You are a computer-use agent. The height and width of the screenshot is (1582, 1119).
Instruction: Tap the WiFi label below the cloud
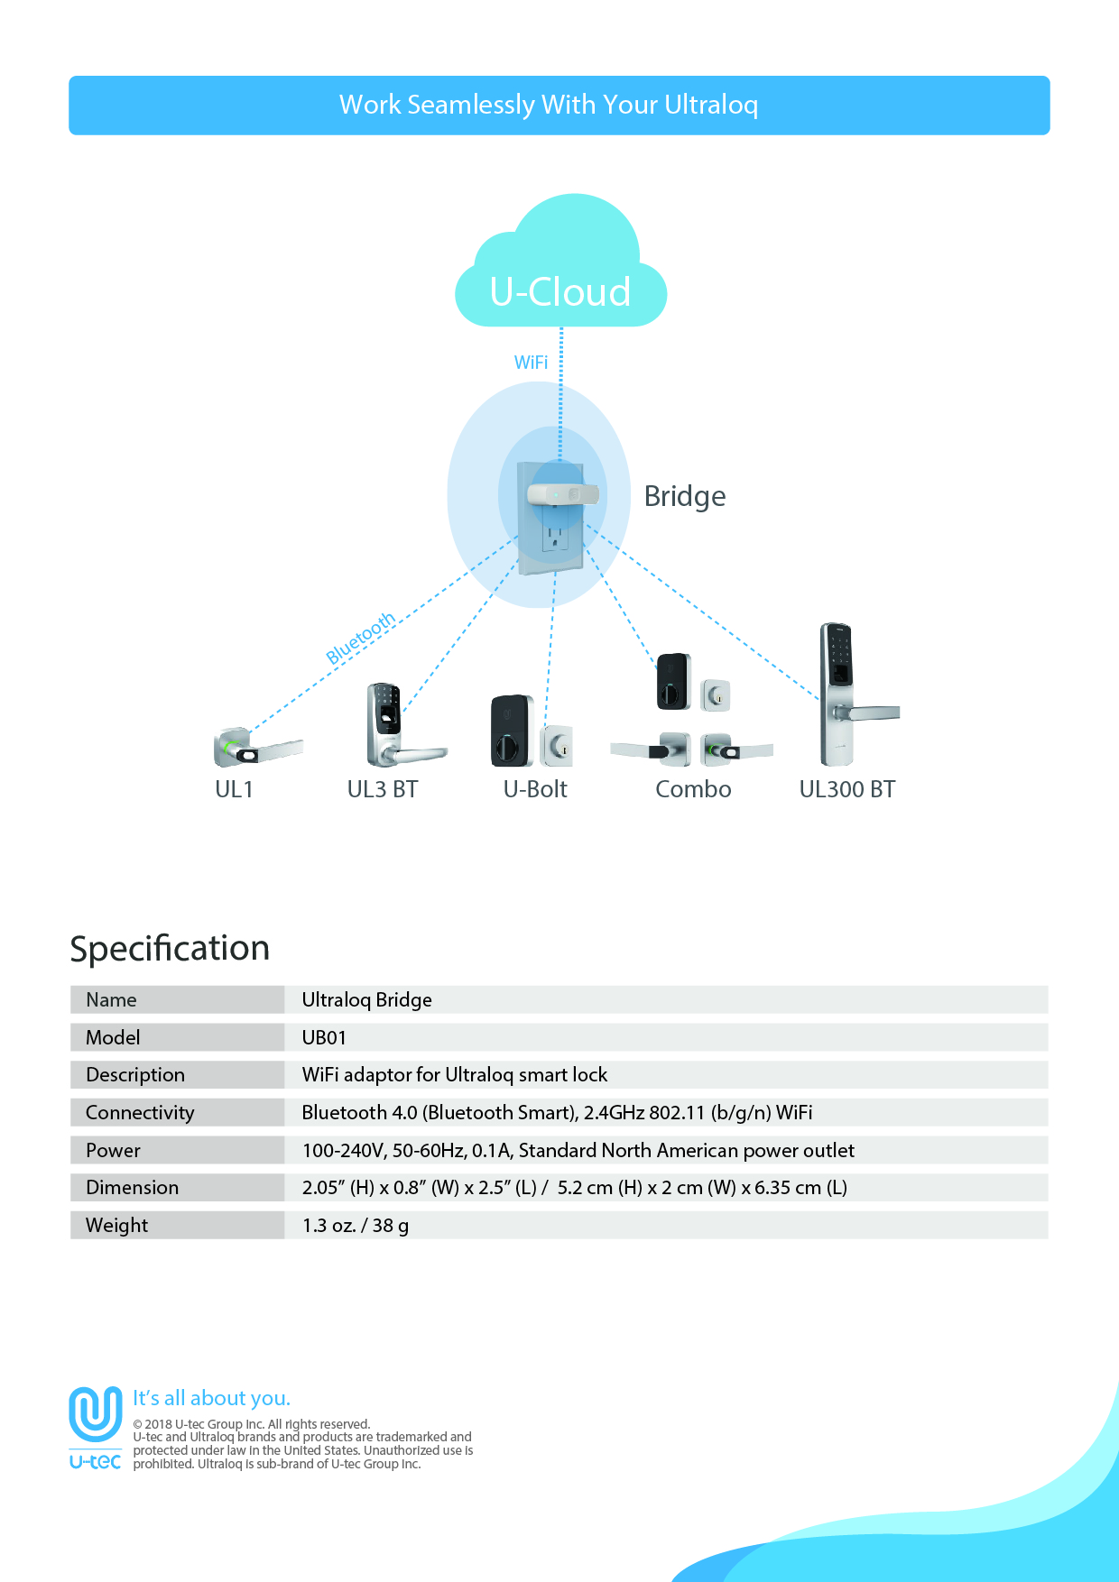(x=531, y=363)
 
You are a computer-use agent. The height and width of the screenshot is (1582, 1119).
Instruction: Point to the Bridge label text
(x=685, y=497)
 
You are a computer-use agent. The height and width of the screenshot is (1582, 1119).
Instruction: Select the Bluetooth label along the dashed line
(x=361, y=638)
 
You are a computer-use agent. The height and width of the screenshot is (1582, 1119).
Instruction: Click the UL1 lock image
(x=257, y=747)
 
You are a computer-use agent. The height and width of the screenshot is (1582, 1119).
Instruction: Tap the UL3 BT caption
(x=383, y=789)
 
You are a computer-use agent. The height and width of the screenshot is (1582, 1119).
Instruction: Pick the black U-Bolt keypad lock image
(x=512, y=731)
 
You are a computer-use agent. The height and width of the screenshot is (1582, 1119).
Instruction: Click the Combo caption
(x=693, y=789)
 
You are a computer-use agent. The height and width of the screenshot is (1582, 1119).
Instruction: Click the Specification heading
(x=170, y=949)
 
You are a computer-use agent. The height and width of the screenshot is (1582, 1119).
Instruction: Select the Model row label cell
(x=178, y=1037)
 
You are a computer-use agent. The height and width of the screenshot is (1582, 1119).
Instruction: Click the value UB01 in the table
(x=324, y=1037)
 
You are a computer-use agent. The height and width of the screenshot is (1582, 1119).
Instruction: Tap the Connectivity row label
(x=140, y=1113)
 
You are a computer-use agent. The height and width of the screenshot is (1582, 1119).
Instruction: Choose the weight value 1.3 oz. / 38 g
(x=356, y=1225)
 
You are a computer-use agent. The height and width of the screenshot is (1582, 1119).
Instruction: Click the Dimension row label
(x=132, y=1188)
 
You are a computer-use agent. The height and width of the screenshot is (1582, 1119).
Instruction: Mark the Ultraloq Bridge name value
(x=366, y=1000)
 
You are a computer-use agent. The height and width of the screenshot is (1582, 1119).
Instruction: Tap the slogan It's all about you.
(x=212, y=1398)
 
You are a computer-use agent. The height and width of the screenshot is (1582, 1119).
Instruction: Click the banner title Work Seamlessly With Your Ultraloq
(x=549, y=105)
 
